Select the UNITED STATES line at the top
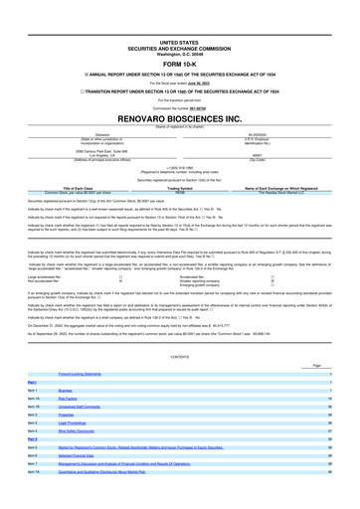tap(179, 16)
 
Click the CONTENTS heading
tap(179, 355)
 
